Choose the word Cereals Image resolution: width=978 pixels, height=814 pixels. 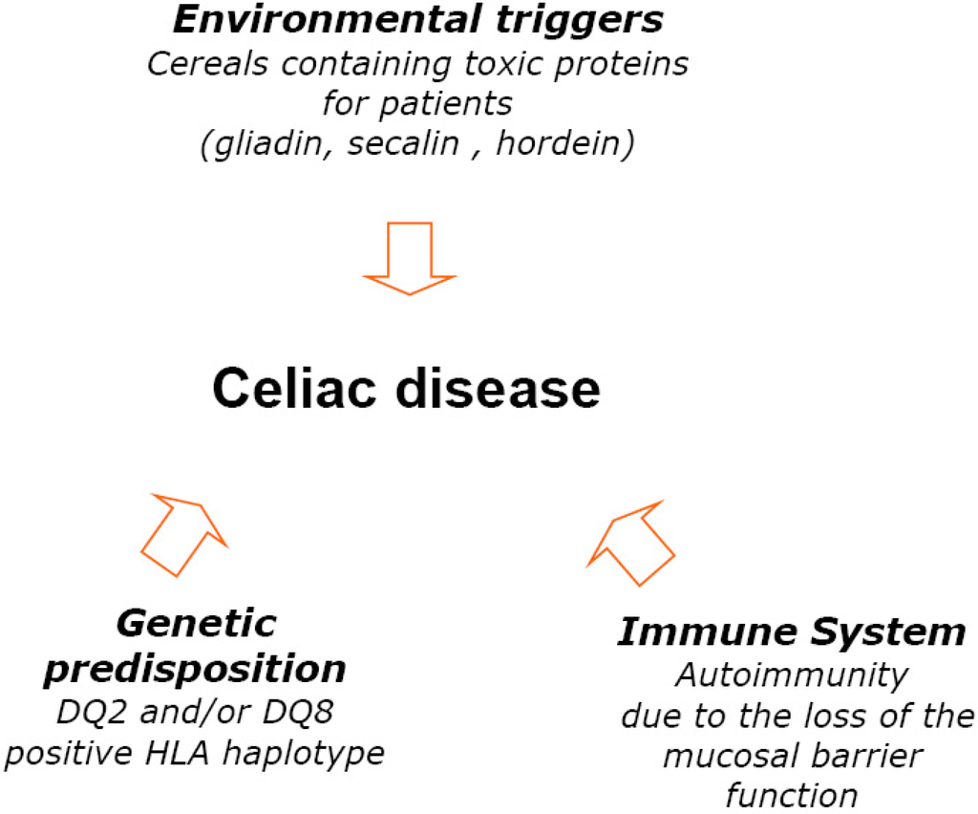(x=196, y=66)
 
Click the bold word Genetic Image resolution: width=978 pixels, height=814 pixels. (x=196, y=625)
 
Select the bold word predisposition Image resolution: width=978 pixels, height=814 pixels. (x=195, y=670)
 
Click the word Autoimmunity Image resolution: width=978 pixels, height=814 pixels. (x=792, y=675)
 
